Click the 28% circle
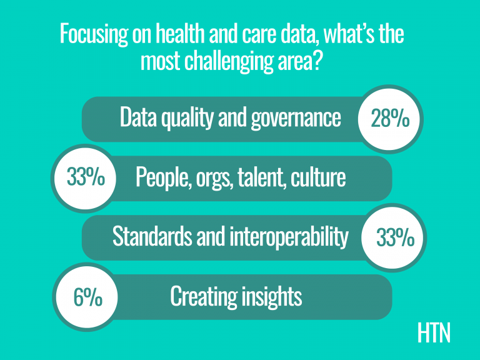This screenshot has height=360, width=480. click(x=390, y=119)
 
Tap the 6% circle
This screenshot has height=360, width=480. click(x=86, y=297)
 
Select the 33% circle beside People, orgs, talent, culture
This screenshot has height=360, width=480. click(x=84, y=179)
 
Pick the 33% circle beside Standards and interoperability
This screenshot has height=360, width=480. click(x=394, y=237)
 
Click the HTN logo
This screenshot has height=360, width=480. click(x=434, y=333)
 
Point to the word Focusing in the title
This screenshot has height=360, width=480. click(x=94, y=34)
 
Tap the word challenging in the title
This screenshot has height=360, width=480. click(x=229, y=61)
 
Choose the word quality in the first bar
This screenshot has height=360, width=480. click(x=187, y=118)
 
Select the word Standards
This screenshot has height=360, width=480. click(x=152, y=236)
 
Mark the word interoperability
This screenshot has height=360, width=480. click(x=289, y=237)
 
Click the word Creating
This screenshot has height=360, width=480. click(x=204, y=296)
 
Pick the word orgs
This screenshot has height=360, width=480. click(x=213, y=179)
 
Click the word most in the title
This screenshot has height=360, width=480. click(x=161, y=61)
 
